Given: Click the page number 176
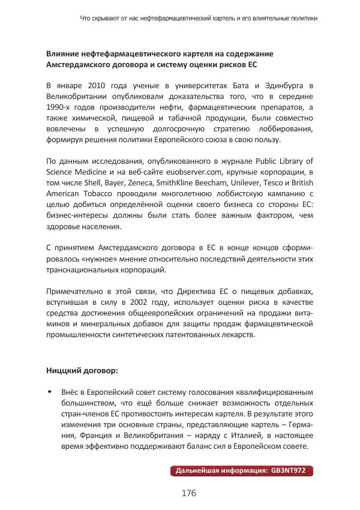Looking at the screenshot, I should coord(189,493).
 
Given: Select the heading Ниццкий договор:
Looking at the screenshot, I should coord(82,370).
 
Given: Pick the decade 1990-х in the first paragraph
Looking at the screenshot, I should coord(60,107).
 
